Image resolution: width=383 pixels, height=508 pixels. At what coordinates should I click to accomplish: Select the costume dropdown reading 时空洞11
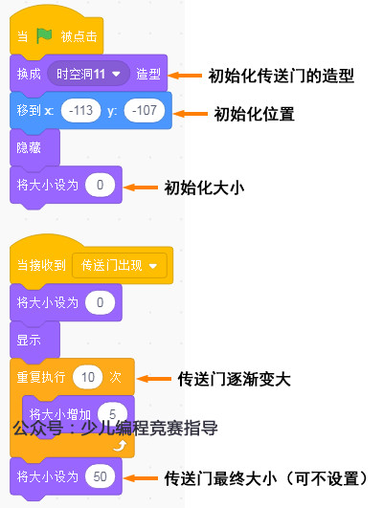(x=92, y=74)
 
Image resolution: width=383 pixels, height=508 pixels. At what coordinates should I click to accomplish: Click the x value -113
(x=80, y=111)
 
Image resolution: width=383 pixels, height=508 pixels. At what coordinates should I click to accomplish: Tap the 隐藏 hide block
(x=30, y=148)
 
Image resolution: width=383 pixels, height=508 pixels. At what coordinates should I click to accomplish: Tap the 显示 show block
(x=30, y=340)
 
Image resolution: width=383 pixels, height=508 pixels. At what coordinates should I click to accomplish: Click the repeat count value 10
(x=88, y=376)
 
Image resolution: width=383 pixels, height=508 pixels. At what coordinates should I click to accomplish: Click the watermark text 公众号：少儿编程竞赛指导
(x=115, y=428)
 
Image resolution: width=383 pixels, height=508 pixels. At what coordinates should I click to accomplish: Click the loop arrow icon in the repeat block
(x=120, y=446)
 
